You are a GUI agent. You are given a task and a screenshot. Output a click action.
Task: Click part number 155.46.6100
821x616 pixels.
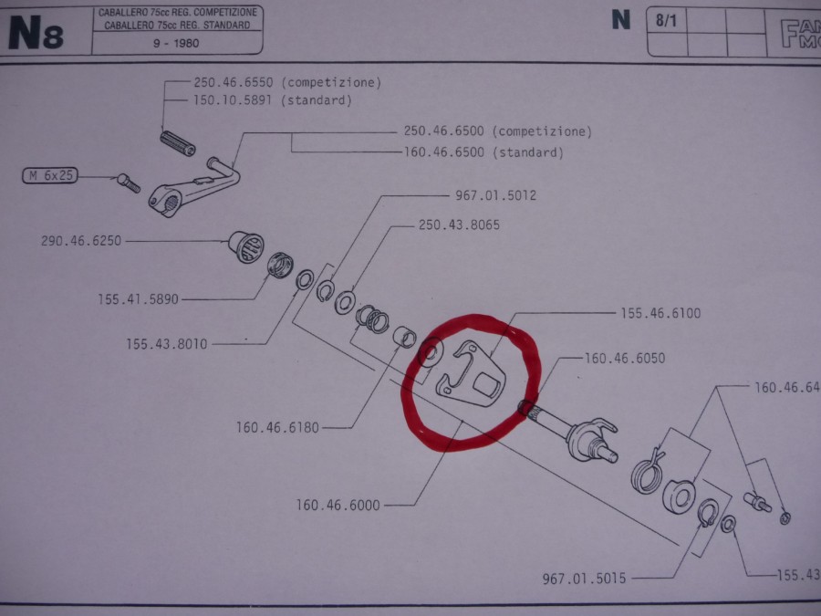point(660,313)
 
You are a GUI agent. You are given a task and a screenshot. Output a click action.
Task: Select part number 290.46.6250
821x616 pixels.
point(81,242)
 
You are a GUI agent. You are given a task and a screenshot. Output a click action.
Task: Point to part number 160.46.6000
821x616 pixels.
point(338,504)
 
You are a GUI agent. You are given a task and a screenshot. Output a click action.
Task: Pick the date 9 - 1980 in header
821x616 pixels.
point(177,43)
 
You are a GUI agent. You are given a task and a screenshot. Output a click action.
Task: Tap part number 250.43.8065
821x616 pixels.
point(458,224)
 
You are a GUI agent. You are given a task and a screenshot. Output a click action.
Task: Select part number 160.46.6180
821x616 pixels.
point(276,426)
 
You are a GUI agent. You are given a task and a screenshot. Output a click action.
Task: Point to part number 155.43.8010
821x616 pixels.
point(167,343)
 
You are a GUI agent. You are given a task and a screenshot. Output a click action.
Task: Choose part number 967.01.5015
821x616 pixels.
point(583,579)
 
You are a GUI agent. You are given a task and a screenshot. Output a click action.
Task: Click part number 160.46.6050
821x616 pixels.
point(625,359)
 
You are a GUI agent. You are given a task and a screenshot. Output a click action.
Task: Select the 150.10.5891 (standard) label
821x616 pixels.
point(273,100)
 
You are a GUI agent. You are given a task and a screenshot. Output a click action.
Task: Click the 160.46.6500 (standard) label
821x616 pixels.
point(483,152)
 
